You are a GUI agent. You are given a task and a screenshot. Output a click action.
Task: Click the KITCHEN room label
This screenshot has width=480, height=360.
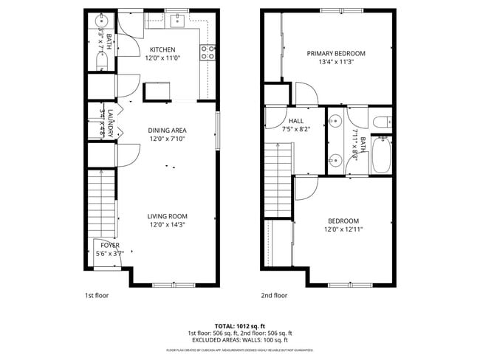(x=162, y=49)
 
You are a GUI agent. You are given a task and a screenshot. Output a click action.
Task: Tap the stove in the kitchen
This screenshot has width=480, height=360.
(x=208, y=52)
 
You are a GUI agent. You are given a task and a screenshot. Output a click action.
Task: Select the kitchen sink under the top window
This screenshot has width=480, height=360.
(x=177, y=21)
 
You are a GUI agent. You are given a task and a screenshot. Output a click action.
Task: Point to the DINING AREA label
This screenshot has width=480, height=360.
(x=167, y=130)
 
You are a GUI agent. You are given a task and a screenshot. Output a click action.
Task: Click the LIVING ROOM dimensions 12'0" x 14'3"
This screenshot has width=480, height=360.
(x=167, y=224)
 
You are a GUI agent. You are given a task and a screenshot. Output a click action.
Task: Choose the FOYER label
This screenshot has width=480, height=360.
(x=110, y=245)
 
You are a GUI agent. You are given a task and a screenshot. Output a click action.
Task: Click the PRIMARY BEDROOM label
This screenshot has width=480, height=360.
(x=336, y=53)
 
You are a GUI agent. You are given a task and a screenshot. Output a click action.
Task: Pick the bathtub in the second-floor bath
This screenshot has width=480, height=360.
(x=381, y=156)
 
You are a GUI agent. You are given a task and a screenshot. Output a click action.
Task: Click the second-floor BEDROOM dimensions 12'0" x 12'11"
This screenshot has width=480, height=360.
(x=343, y=229)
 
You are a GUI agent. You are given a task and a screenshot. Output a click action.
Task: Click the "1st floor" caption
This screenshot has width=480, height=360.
(x=96, y=295)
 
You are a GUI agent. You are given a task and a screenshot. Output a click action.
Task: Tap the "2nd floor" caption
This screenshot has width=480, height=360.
(x=274, y=295)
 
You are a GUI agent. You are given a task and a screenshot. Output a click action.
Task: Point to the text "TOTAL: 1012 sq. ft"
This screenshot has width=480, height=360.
(x=239, y=325)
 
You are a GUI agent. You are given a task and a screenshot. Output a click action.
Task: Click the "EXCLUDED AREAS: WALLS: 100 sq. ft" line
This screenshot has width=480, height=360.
(x=239, y=340)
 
